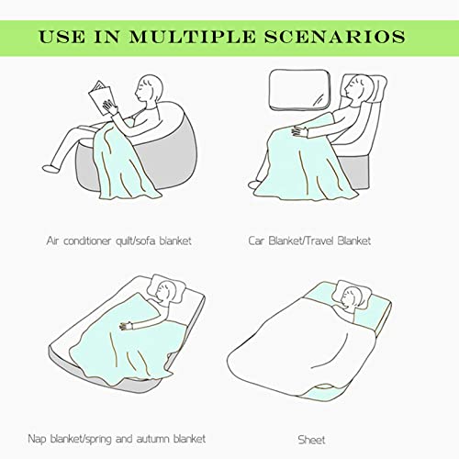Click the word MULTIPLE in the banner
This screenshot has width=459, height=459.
(192, 37)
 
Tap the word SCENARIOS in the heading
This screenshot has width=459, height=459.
(335, 37)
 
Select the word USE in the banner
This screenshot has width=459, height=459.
(62, 37)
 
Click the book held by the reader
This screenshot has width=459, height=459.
(101, 97)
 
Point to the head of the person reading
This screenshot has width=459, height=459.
(150, 88)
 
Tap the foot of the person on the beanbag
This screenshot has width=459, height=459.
(50, 168)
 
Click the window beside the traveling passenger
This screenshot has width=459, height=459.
(299, 89)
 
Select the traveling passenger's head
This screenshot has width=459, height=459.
(357, 86)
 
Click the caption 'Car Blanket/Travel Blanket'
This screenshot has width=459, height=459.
(309, 241)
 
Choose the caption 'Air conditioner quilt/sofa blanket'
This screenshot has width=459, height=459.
(119, 241)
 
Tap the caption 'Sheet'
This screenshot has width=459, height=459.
(311, 440)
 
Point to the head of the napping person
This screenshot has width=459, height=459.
(165, 291)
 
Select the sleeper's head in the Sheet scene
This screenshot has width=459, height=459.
(352, 297)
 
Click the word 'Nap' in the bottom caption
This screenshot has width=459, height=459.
(37, 439)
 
